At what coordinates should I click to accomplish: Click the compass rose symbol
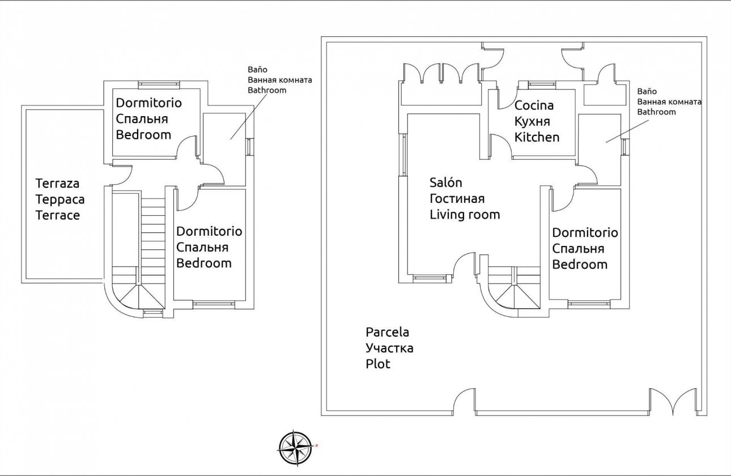(x=295, y=448)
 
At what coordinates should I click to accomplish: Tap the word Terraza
(x=57, y=184)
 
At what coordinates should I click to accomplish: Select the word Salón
(x=445, y=182)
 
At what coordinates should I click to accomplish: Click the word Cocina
(x=534, y=105)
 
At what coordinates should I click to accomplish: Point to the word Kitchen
(x=537, y=137)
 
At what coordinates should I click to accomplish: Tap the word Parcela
(x=387, y=332)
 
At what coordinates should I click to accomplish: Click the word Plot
(x=378, y=364)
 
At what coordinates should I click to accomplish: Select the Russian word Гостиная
(x=457, y=198)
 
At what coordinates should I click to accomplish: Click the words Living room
(x=465, y=214)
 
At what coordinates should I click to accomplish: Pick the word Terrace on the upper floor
(x=57, y=215)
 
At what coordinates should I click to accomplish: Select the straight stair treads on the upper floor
(x=152, y=238)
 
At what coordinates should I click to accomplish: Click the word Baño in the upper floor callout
(x=257, y=70)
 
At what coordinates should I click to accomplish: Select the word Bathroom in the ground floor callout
(x=656, y=112)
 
